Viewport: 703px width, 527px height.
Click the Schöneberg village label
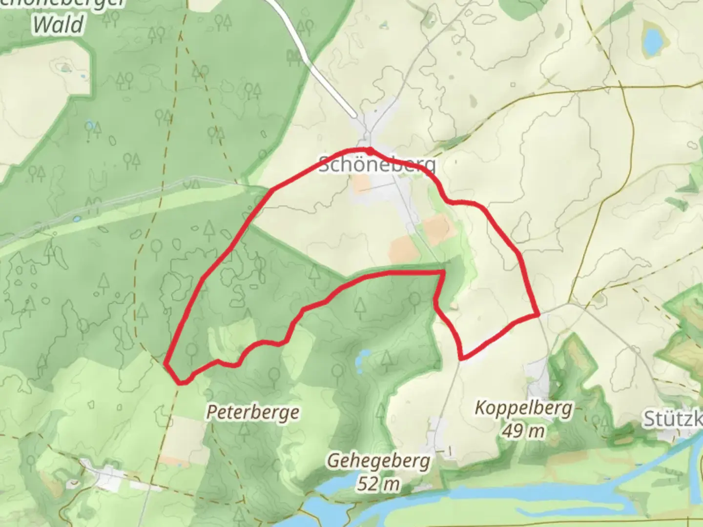[x=376, y=164]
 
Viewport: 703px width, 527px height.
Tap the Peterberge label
[x=253, y=412]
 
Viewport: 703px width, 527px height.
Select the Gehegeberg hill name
[x=378, y=461]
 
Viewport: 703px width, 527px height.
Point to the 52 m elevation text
[x=378, y=484]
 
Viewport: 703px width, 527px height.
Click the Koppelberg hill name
[x=523, y=407]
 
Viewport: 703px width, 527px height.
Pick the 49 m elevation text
[x=523, y=431]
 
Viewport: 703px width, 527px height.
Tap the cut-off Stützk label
[x=673, y=419]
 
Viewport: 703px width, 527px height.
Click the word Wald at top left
[x=59, y=24]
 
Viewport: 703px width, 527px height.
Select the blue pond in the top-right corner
[x=651, y=41]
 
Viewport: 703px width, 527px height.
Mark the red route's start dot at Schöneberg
[x=370, y=149]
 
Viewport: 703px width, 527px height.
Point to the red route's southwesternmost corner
[x=181, y=382]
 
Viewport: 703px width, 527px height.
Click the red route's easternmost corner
[x=538, y=315]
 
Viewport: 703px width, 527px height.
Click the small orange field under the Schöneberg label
[x=362, y=184]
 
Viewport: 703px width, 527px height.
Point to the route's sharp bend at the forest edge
[x=442, y=271]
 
